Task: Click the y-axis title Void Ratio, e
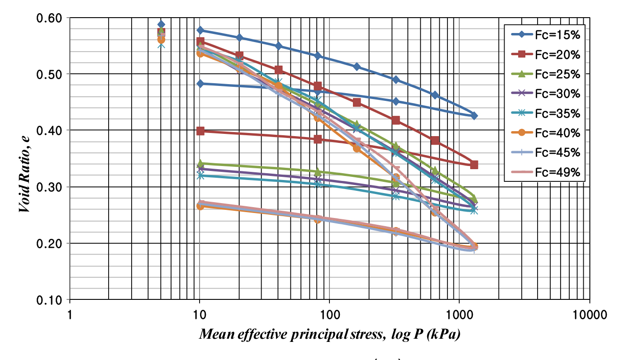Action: (25, 158)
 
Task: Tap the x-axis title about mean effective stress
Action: (330, 335)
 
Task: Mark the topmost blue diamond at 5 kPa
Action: (161, 24)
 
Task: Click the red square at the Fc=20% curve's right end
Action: (474, 165)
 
